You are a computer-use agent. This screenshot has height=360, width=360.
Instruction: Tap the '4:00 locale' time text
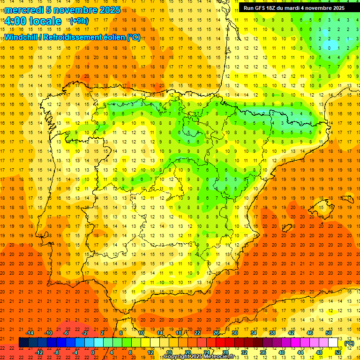(33, 21)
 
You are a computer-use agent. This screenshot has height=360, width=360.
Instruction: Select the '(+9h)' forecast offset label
(78, 21)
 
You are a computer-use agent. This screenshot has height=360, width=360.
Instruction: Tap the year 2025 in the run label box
(335, 8)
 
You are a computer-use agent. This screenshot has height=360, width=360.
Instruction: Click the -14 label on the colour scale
(30, 332)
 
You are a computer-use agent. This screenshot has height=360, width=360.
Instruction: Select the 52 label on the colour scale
(338, 352)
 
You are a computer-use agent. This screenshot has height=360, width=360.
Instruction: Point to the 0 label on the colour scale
(93, 352)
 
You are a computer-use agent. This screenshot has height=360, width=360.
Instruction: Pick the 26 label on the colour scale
(216, 332)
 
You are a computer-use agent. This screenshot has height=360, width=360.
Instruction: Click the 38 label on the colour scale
(272, 332)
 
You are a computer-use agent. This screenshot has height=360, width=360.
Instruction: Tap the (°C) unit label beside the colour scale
(349, 343)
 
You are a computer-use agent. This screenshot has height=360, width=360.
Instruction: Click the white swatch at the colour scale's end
(333, 343)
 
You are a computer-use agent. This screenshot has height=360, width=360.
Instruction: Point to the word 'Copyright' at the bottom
(178, 357)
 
